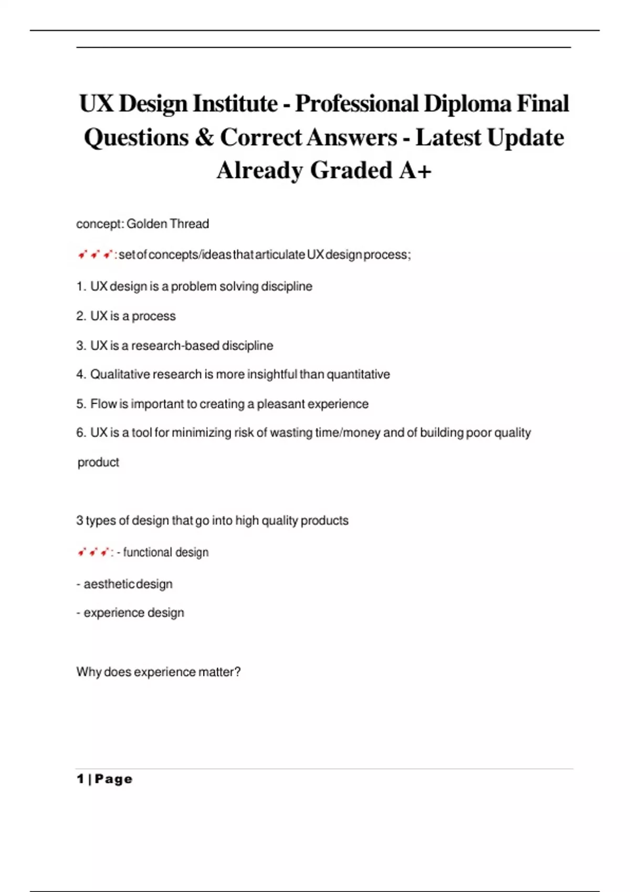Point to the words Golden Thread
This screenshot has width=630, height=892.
(167, 224)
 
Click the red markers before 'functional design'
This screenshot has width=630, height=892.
(93, 553)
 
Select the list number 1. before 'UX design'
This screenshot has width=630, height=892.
(81, 286)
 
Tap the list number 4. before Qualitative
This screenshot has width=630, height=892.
(81, 375)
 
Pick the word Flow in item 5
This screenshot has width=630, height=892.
(103, 404)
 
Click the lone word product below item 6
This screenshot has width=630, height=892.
(98, 462)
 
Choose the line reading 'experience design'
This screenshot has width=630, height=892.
(133, 613)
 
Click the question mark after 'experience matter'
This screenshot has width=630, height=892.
(238, 672)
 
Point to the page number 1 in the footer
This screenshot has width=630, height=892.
(80, 779)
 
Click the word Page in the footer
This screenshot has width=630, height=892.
(113, 779)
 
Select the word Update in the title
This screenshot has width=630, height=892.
(525, 137)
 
